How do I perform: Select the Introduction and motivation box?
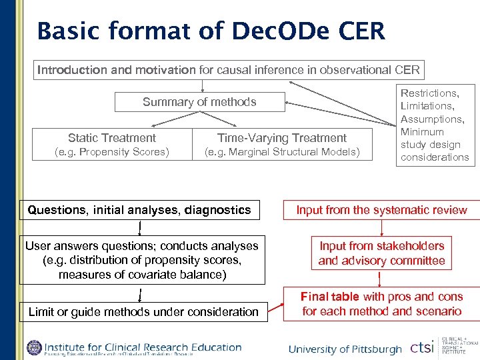(x=229, y=70)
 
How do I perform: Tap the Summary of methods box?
(x=199, y=102)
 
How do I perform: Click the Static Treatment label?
(x=112, y=138)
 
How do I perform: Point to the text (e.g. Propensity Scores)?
(x=112, y=152)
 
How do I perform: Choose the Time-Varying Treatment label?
(x=282, y=138)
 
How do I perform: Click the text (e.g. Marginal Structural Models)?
(x=282, y=152)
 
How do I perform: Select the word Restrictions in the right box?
(x=429, y=93)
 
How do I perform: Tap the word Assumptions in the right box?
(x=432, y=119)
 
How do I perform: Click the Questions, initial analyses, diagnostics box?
(x=139, y=211)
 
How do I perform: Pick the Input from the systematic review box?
(x=381, y=211)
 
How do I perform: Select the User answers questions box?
(x=141, y=260)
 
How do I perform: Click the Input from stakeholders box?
(x=381, y=253)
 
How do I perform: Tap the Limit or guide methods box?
(x=143, y=311)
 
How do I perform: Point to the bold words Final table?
(x=329, y=297)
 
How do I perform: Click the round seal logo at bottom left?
(x=34, y=348)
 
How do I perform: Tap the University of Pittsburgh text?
(x=345, y=349)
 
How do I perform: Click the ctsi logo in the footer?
(x=421, y=348)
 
